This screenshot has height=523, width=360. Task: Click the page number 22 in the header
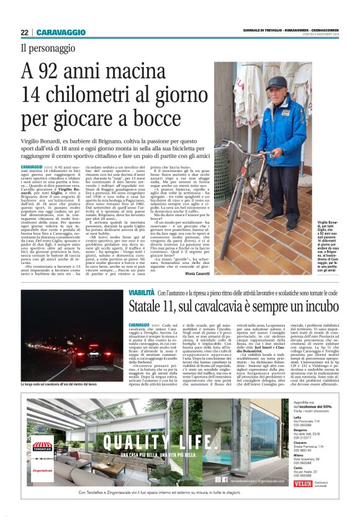24,32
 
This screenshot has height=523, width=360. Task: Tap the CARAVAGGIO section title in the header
61,32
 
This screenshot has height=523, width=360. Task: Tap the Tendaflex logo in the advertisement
43,429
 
